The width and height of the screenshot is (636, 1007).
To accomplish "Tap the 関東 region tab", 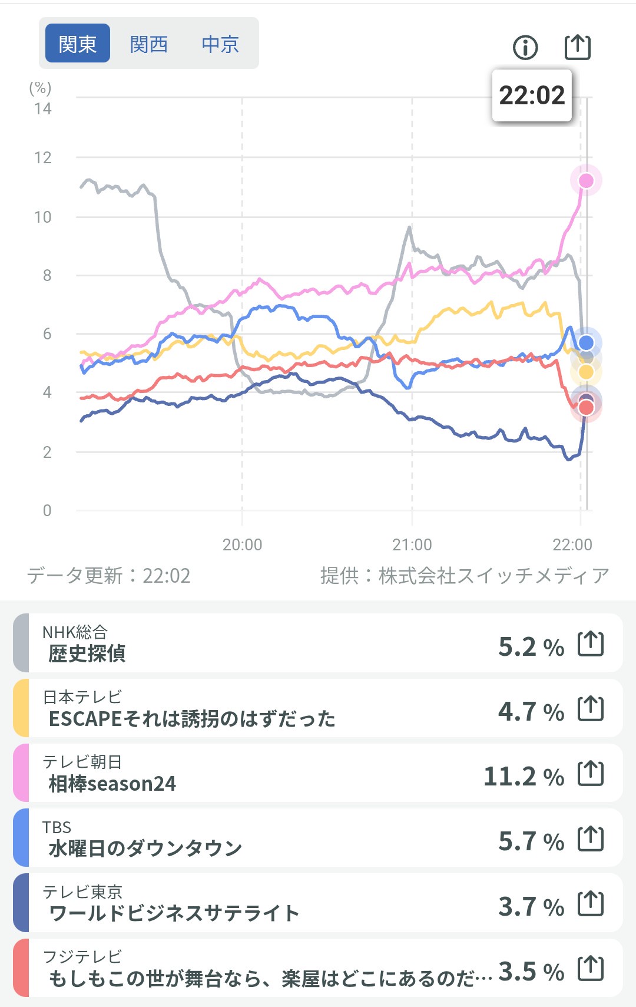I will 78,44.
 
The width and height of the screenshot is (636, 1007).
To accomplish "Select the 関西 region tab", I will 149,44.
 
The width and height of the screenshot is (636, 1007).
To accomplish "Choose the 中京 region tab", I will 220,44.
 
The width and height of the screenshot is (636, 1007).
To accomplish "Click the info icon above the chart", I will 525,47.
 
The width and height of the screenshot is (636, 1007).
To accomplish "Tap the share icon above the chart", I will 577,47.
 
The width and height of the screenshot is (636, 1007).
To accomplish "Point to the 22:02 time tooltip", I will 532,95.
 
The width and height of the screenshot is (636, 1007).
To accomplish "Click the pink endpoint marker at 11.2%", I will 586,180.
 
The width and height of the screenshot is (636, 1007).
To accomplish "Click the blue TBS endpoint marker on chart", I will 586,343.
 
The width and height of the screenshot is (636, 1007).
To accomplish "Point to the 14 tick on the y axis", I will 42,109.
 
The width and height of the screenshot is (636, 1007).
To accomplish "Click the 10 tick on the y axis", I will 42,217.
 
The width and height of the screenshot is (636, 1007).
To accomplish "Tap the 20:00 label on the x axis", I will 242,544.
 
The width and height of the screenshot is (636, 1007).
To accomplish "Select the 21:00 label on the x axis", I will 412,544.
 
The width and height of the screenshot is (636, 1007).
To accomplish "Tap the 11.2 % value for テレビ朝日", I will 524,777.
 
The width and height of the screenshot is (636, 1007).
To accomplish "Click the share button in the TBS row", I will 591,838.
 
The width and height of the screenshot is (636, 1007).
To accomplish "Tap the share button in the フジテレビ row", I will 591,968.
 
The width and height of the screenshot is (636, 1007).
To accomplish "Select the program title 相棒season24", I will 112,784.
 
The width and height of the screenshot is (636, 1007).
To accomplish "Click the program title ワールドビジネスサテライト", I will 174,913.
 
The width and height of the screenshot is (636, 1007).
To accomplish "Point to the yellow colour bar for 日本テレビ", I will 21,708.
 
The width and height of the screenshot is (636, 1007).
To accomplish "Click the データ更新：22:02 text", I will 109,576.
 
